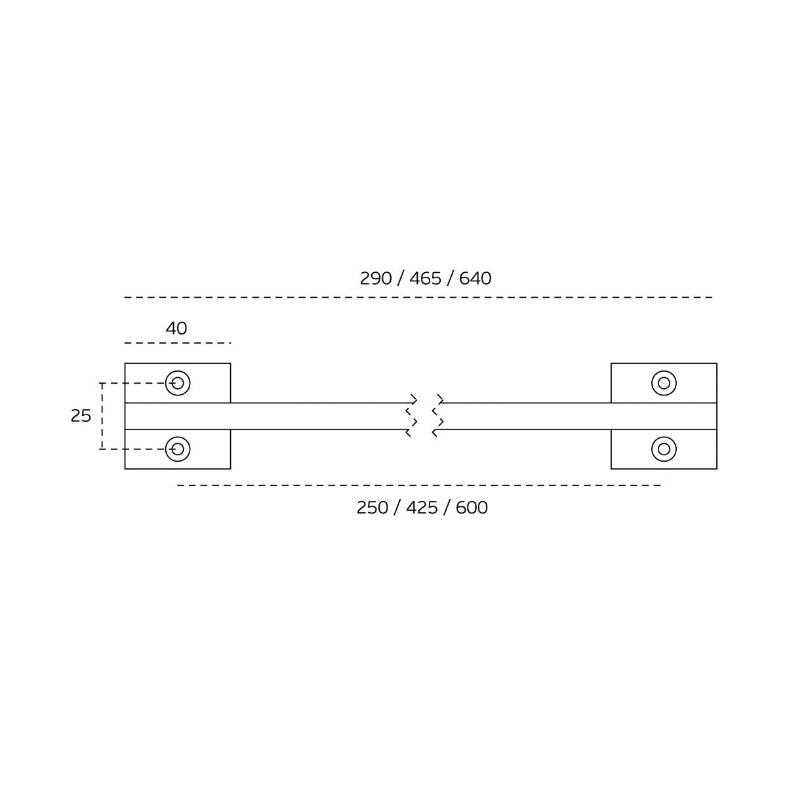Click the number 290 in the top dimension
(376, 279)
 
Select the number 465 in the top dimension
(426, 279)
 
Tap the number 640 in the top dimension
(475, 279)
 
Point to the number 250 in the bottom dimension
(373, 508)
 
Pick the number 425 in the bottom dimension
(422, 508)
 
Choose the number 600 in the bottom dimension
(472, 508)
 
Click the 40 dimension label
(176, 329)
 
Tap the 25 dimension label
(81, 416)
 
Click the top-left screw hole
(178, 383)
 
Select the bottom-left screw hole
(178, 449)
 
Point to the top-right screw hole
(664, 383)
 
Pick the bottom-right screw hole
(664, 449)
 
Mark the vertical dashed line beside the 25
(102, 416)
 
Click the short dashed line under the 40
(178, 343)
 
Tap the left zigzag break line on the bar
(412, 416)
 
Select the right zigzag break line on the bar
(438, 416)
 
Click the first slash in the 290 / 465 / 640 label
(401, 279)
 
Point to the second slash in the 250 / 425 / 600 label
(447, 508)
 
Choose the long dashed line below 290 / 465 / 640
(418, 297)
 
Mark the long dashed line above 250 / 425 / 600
(419, 485)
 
